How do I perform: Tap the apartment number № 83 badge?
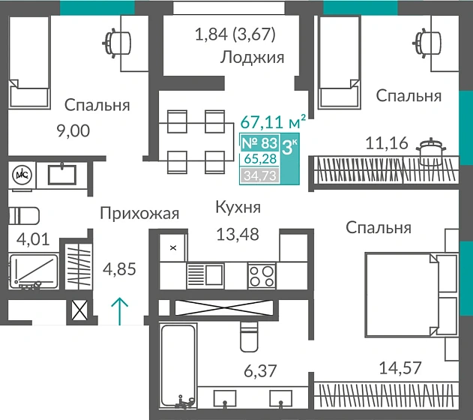258,142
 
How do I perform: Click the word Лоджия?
253,58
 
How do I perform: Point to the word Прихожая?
139,214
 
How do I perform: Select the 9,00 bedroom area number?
73,131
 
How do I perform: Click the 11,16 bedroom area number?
387,142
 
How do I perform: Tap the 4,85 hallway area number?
118,268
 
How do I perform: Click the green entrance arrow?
119,309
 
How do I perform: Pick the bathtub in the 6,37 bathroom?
178,364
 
